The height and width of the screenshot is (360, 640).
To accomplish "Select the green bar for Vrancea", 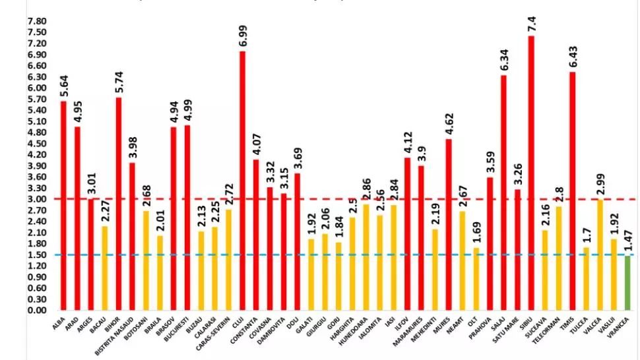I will pos(627,283).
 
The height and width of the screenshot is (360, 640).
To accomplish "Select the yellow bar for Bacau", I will pos(105,268).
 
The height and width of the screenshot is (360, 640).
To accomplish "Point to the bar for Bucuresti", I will pos(187,217).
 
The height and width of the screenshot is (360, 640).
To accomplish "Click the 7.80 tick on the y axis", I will pos(36,21).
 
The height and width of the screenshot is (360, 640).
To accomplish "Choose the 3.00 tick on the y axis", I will pos(36,199).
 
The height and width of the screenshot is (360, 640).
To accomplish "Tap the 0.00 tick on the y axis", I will pos(36,311).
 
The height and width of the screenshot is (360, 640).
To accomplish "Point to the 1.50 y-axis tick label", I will pos(36,255).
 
